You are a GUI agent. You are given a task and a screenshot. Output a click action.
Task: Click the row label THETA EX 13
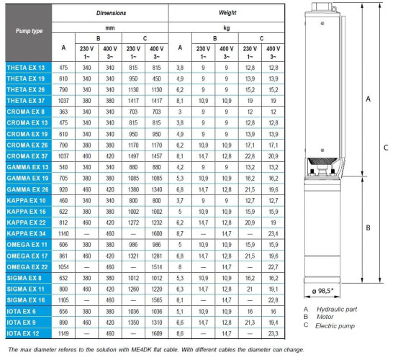click(x=25, y=67)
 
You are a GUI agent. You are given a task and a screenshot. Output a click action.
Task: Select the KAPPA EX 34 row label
click(x=27, y=234)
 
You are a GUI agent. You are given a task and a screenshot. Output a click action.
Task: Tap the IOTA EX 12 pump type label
click(x=24, y=333)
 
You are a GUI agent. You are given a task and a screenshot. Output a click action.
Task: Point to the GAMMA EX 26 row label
click(x=27, y=189)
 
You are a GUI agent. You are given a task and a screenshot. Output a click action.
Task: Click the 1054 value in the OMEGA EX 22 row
click(x=63, y=266)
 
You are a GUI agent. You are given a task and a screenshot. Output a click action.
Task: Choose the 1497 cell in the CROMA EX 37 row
click(x=133, y=156)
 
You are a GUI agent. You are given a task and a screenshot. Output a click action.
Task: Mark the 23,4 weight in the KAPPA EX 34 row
click(x=273, y=234)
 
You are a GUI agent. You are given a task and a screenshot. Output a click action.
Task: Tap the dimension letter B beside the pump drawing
click(x=369, y=228)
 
